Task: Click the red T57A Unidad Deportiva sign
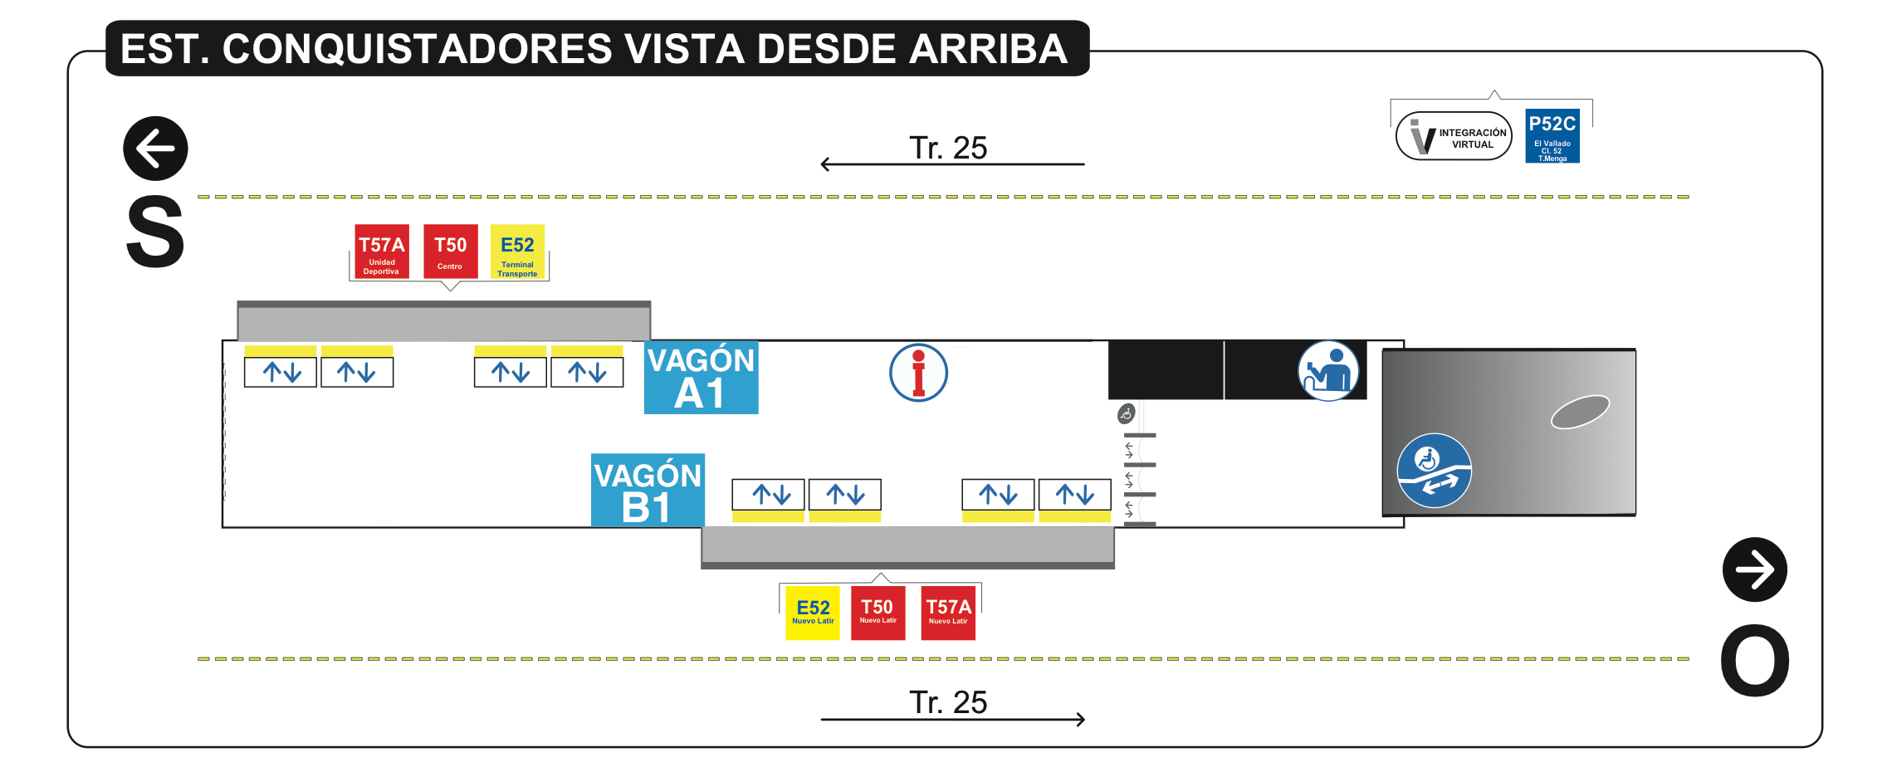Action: coord(382,251)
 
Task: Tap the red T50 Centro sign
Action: coord(450,251)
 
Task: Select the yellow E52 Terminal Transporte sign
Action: coord(517,251)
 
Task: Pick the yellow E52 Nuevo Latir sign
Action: coord(813,613)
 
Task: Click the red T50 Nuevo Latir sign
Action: coord(877,613)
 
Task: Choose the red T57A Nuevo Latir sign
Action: coord(948,613)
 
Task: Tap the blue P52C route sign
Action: coord(1552,136)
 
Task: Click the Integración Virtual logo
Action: coord(1454,136)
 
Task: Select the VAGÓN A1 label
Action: coord(701,378)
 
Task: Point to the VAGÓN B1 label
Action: coord(648,491)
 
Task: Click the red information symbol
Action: coord(918,373)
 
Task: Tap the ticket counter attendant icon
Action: coord(1328,371)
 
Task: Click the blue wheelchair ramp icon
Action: coord(1434,471)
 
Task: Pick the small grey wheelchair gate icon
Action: coord(1126,413)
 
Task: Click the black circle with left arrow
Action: coord(155,149)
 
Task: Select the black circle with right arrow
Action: coord(1754,569)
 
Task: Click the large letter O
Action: coord(1754,660)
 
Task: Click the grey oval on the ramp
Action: coord(1580,412)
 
